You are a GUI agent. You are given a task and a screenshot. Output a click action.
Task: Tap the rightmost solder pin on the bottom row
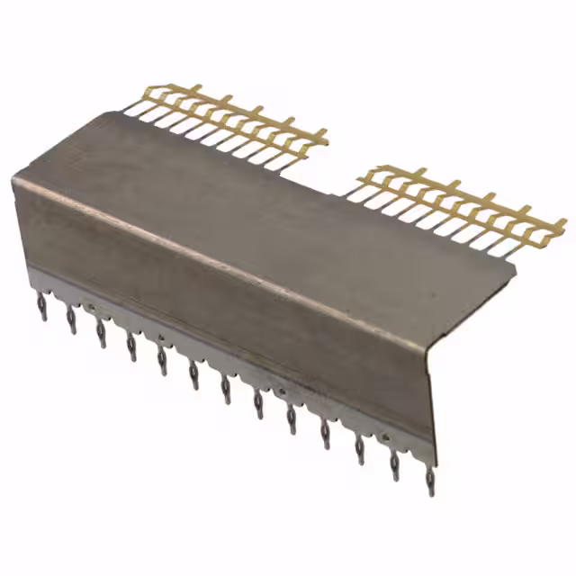click(x=430, y=480)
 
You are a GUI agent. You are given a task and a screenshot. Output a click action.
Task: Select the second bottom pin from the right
click(x=394, y=464)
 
